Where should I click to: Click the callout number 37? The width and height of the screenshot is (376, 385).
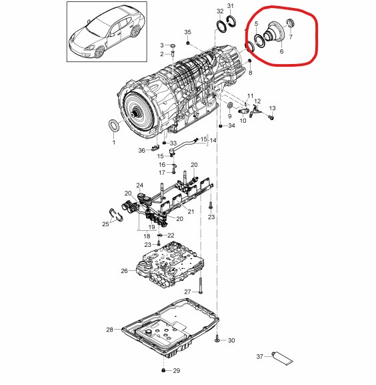click(260, 356)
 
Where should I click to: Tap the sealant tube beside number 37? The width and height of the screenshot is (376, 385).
click(282, 358)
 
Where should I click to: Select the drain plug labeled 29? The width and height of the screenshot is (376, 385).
click(163, 370)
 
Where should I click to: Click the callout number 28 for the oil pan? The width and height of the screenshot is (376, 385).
click(109, 329)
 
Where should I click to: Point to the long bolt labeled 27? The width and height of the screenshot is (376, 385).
click(201, 286)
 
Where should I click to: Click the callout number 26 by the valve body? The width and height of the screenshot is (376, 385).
click(125, 271)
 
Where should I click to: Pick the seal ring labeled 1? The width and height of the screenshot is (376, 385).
click(115, 125)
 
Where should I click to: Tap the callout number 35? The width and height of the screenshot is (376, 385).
click(187, 32)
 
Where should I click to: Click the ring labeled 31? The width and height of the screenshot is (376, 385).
click(232, 21)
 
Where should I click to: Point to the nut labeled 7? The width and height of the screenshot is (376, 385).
click(291, 24)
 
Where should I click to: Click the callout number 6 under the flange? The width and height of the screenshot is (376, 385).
click(281, 51)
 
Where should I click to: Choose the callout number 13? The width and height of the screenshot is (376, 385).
click(272, 108)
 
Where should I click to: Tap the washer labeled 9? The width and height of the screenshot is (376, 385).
click(230, 105)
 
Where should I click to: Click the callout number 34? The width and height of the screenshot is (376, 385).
click(231, 125)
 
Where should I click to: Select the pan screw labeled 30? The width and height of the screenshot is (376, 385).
click(217, 338)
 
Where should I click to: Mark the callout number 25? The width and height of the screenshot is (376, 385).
click(105, 224)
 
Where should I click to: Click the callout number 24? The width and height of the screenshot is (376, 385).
click(140, 185)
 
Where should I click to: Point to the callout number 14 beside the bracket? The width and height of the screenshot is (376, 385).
click(213, 140)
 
